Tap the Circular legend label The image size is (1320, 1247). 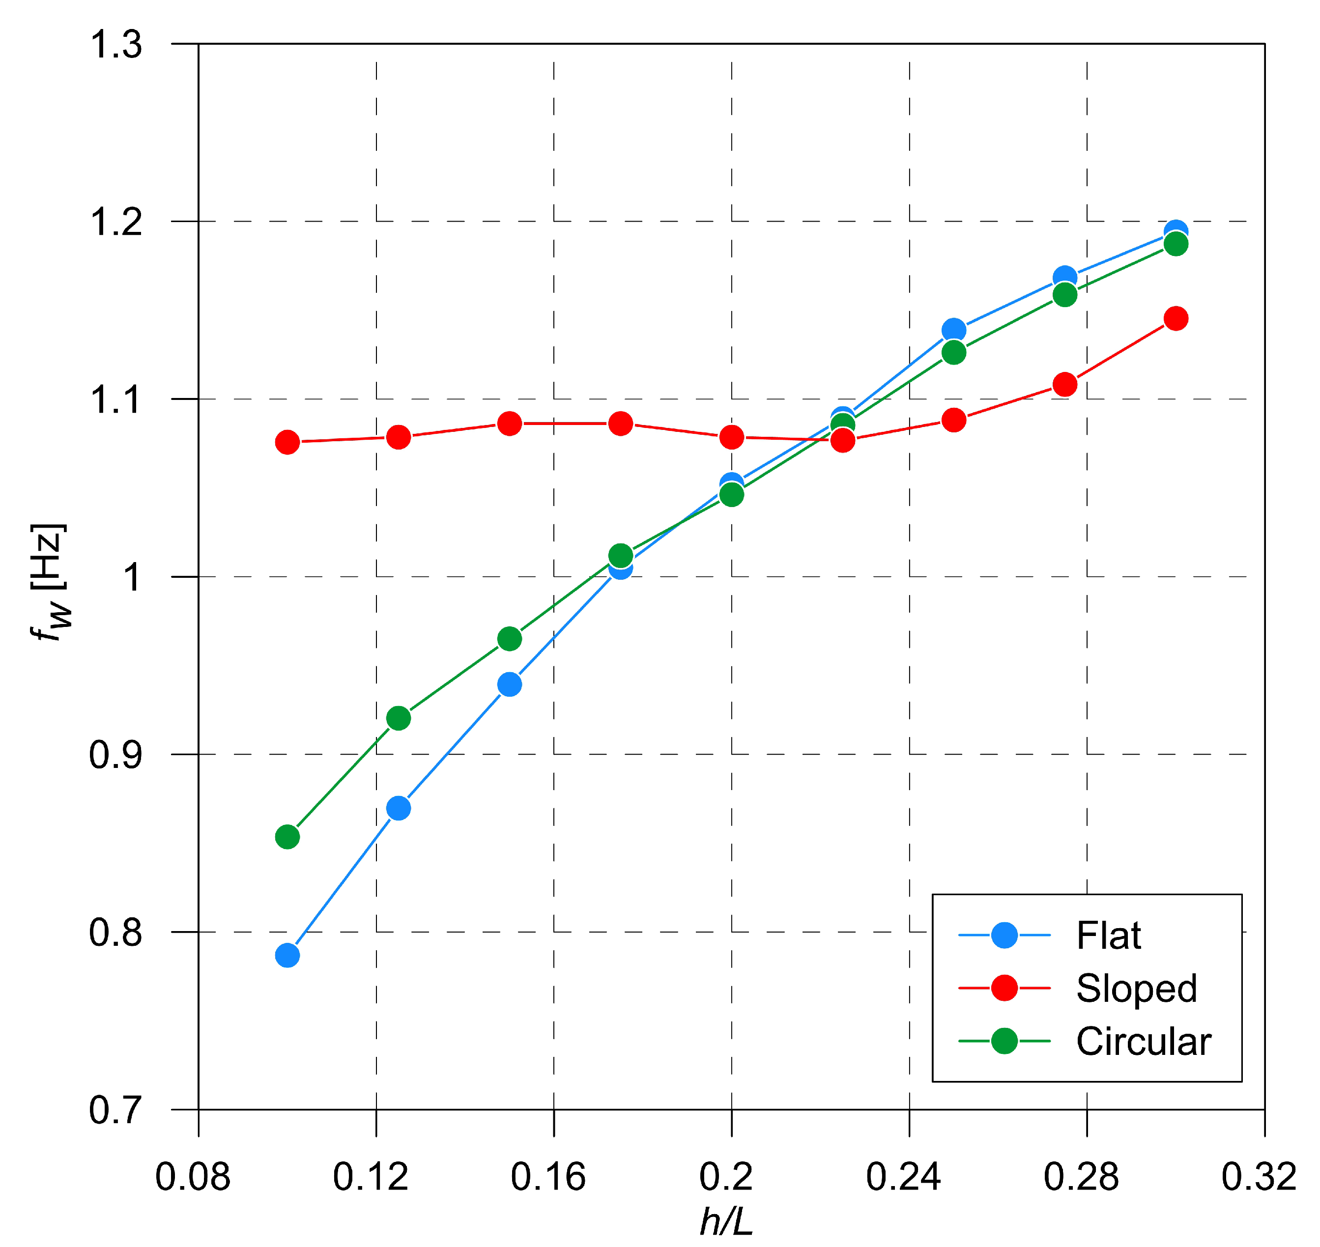(x=1143, y=1042)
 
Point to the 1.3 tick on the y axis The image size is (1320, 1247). (x=115, y=45)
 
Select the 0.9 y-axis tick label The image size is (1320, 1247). (x=115, y=755)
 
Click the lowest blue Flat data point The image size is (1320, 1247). (x=287, y=956)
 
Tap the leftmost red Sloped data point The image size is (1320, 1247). (x=287, y=442)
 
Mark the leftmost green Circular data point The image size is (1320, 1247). (x=287, y=837)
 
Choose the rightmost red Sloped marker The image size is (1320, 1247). (x=1176, y=318)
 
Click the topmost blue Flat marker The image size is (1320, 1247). (x=1176, y=232)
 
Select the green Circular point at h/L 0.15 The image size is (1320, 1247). (x=510, y=639)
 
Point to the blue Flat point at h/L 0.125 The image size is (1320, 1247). (x=399, y=808)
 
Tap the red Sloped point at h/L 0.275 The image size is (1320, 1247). (x=1064, y=384)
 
